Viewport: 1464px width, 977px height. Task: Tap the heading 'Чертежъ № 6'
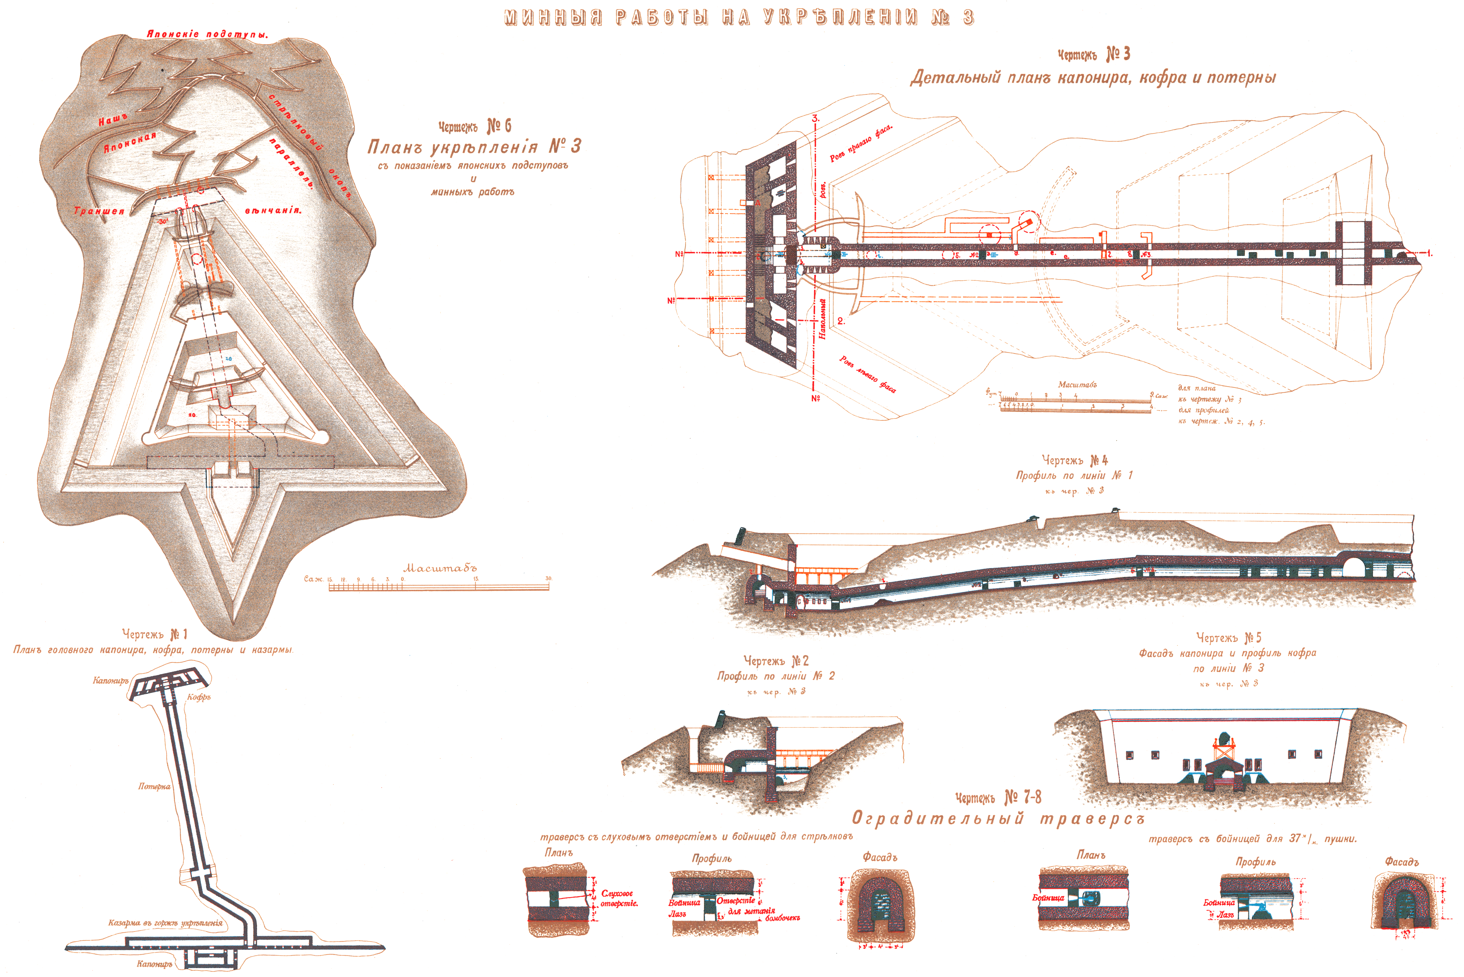tap(474, 126)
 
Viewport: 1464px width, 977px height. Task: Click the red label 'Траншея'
tap(99, 211)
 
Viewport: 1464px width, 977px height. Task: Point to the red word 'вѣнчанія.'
tap(273, 211)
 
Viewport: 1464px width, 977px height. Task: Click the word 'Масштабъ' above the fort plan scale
tap(440, 568)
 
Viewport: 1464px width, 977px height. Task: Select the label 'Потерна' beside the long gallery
tap(154, 786)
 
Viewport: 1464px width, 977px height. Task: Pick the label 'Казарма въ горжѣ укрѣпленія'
tap(165, 923)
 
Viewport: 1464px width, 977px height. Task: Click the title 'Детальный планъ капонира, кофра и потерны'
tap(1093, 78)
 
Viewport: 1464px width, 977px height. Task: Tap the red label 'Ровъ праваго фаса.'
tap(861, 143)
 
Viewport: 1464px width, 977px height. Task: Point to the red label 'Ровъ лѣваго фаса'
tap(867, 374)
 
